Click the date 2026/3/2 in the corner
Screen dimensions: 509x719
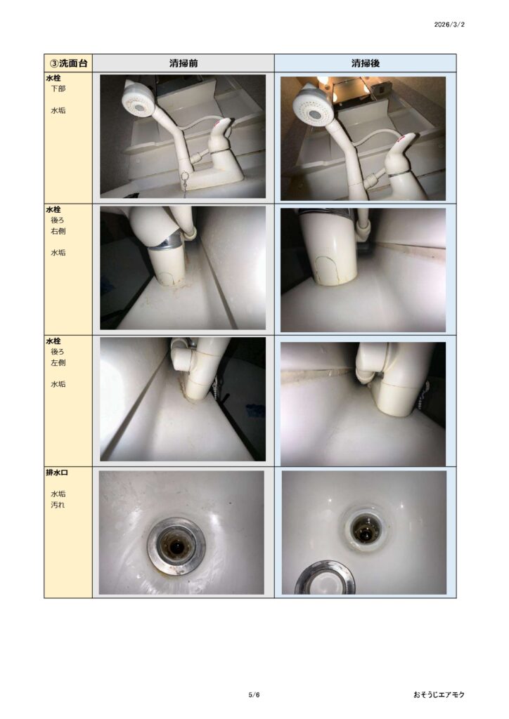point(449,25)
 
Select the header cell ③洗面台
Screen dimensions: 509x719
point(68,63)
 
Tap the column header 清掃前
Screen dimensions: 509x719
point(183,63)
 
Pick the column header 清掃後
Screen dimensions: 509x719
point(366,63)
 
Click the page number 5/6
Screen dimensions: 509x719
point(254,694)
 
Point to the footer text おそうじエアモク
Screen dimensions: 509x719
point(439,694)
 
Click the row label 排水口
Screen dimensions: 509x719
point(57,473)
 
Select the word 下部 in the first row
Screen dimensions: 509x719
point(58,88)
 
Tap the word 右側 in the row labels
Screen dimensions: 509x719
point(58,231)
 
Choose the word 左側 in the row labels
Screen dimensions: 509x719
point(58,363)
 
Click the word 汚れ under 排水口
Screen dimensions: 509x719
point(58,505)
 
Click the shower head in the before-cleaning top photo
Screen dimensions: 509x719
point(137,100)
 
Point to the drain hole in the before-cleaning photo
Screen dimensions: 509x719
point(176,546)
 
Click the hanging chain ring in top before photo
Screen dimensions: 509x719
point(184,176)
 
